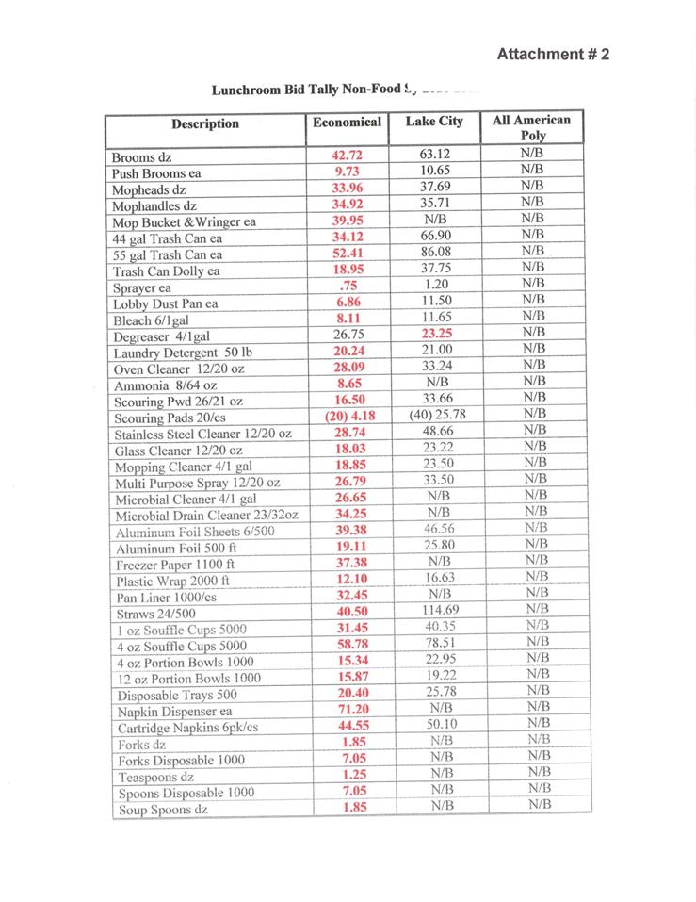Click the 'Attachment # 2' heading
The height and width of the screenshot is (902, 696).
coord(553,54)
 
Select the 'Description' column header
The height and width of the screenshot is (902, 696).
coord(205,123)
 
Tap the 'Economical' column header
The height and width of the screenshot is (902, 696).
coord(347,123)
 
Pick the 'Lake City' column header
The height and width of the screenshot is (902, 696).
coord(434,122)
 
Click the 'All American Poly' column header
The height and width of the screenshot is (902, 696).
coord(532,127)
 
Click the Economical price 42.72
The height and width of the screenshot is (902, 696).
coord(347,156)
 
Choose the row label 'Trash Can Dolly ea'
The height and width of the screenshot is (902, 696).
coord(166,271)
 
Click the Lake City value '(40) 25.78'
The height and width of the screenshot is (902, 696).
coord(437,415)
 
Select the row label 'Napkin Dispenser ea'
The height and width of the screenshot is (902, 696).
coord(174,712)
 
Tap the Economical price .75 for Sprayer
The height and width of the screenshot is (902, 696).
coord(347,286)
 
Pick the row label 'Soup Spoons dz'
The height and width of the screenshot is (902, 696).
coord(162,810)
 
